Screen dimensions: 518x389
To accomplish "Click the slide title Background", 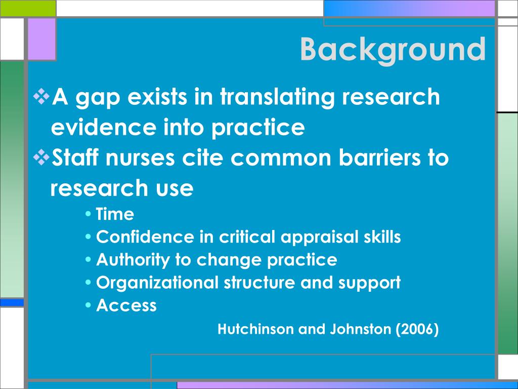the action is click(x=393, y=50).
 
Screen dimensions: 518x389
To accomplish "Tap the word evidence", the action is click(x=103, y=127).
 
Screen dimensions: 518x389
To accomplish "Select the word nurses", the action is click(x=140, y=158).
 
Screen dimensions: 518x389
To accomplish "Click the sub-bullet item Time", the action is click(x=115, y=214).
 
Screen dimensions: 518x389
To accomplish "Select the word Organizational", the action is click(x=157, y=283).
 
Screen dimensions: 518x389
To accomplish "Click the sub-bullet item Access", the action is click(x=126, y=305).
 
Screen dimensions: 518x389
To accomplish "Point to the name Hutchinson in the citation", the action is click(x=255, y=329).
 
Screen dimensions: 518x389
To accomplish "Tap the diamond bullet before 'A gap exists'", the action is click(x=41, y=97).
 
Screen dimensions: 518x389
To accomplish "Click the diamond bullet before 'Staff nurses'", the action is click(x=41, y=158).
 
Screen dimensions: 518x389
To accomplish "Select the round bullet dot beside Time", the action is click(x=88, y=214).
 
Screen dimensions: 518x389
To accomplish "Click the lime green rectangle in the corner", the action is click(x=28, y=8).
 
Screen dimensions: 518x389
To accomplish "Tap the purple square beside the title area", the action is click(x=41, y=39).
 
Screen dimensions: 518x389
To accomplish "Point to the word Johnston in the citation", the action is click(x=360, y=329).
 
